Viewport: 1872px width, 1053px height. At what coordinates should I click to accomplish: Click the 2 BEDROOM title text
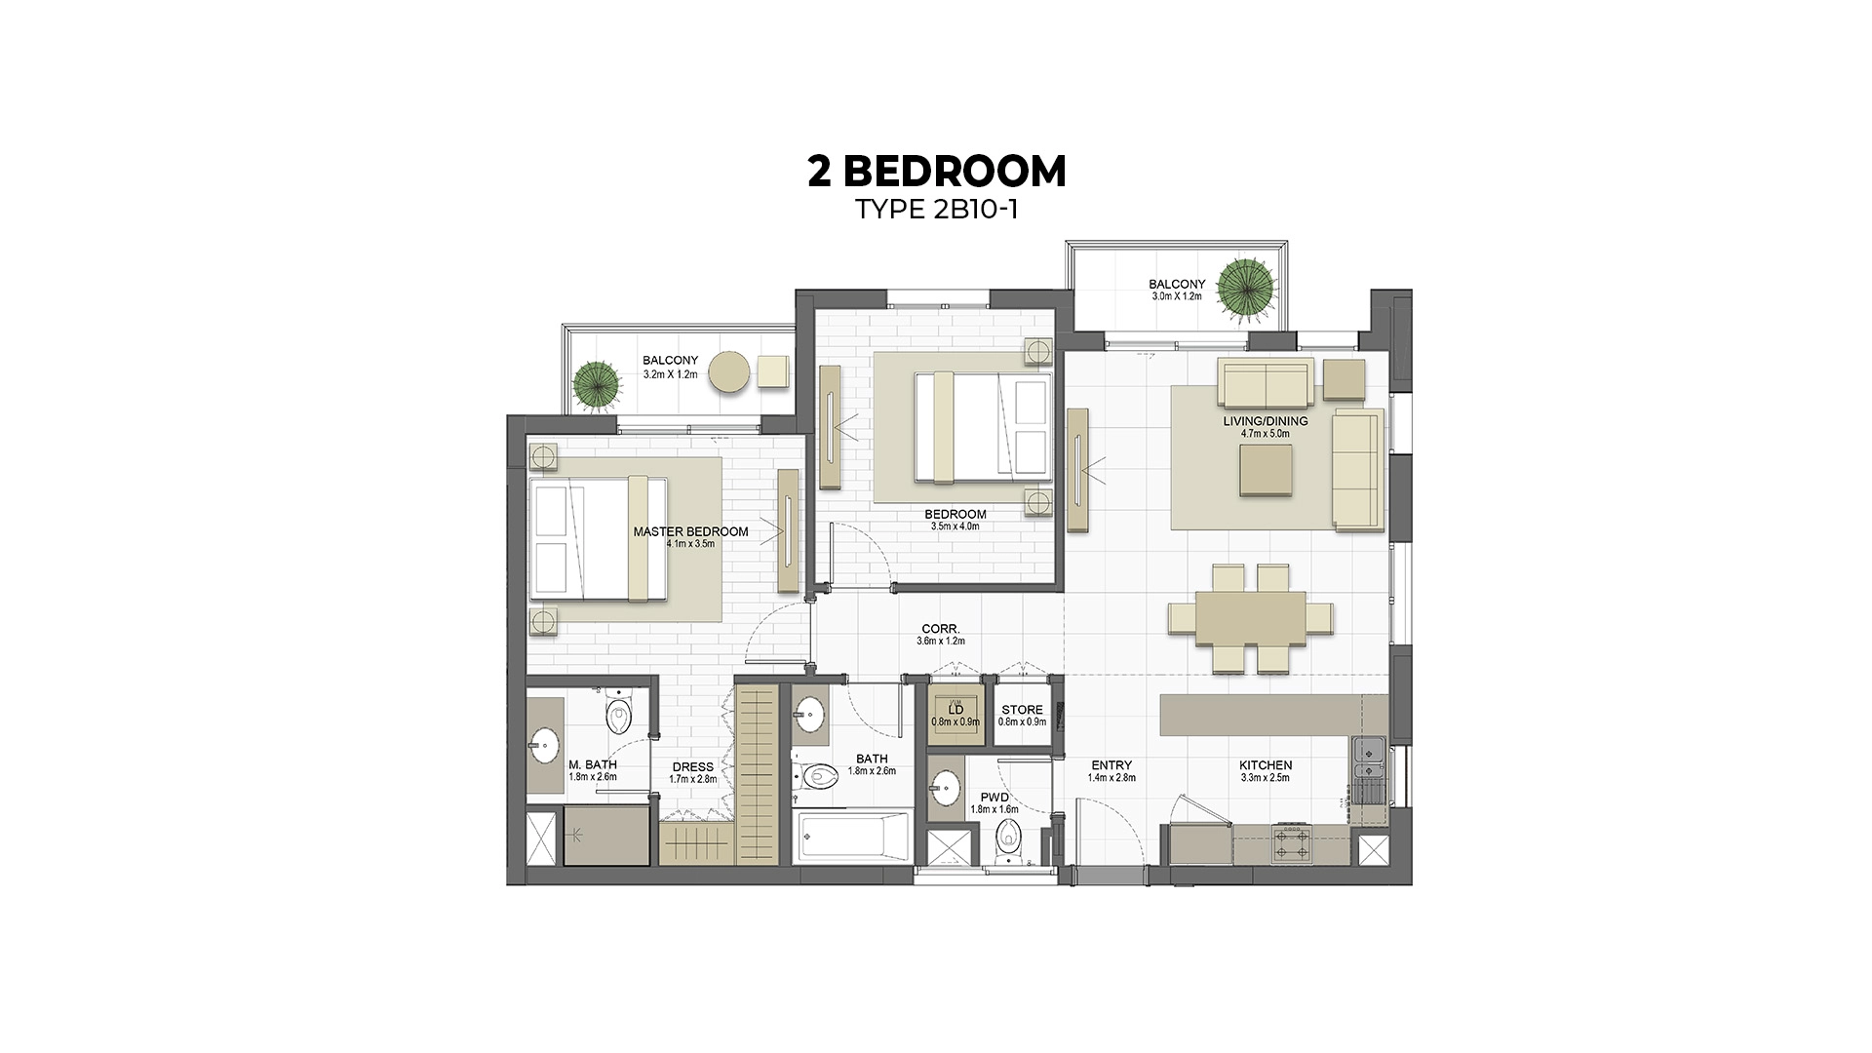point(936,172)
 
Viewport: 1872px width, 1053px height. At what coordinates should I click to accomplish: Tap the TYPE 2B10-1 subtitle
point(936,210)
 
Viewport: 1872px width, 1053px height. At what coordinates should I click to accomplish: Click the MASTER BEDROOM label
point(690,531)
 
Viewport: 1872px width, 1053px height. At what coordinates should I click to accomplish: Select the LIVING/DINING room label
point(1266,421)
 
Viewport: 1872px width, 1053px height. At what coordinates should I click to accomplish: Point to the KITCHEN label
point(1266,765)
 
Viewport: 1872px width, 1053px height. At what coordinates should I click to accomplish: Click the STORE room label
point(1022,710)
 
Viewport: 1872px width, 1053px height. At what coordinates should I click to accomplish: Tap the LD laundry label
point(955,710)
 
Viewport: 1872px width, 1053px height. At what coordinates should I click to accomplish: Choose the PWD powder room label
point(994,798)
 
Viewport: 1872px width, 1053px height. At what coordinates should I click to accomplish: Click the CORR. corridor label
point(940,629)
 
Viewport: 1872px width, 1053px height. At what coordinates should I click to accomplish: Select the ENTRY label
point(1111,765)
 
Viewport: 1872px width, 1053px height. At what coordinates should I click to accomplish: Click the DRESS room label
point(692,767)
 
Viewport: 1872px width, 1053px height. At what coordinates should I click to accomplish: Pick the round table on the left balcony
point(729,373)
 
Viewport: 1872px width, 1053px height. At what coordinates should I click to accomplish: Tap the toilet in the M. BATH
point(618,717)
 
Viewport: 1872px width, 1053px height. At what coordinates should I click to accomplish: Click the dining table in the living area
point(1251,618)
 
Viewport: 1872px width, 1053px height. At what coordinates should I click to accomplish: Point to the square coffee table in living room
point(1266,471)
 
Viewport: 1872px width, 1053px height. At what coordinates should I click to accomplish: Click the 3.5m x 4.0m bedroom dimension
point(955,526)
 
